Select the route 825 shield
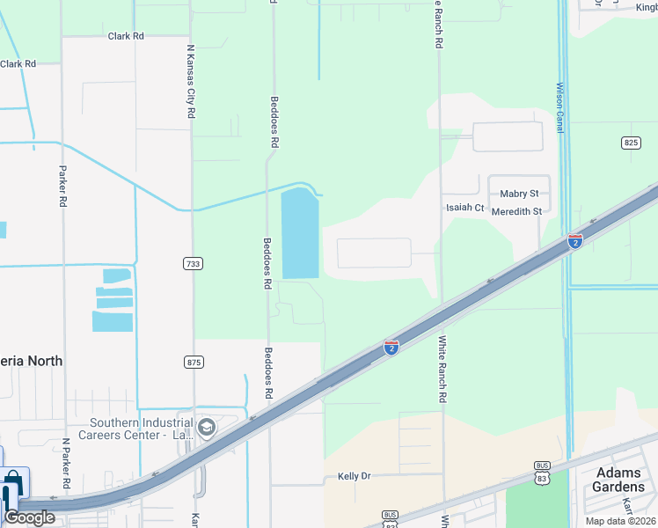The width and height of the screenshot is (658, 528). pyautogui.click(x=631, y=143)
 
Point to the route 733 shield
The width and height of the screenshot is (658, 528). pyautogui.click(x=194, y=264)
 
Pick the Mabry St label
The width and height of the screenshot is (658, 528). pyautogui.click(x=518, y=194)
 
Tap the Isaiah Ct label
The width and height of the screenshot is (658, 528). pyautogui.click(x=464, y=208)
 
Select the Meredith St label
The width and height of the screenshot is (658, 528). pyautogui.click(x=516, y=211)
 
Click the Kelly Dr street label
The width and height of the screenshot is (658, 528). pyautogui.click(x=355, y=476)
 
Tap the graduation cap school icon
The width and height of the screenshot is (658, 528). pyautogui.click(x=207, y=429)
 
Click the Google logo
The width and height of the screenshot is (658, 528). pyautogui.click(x=29, y=517)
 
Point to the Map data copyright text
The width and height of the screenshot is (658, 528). pyautogui.click(x=619, y=521)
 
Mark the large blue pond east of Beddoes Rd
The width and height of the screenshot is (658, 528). pyautogui.click(x=300, y=233)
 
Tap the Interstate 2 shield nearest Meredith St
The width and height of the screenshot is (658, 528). pyautogui.click(x=574, y=241)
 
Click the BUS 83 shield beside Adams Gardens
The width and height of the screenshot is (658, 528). pyautogui.click(x=542, y=473)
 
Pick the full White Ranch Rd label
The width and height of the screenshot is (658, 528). pyautogui.click(x=442, y=369)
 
